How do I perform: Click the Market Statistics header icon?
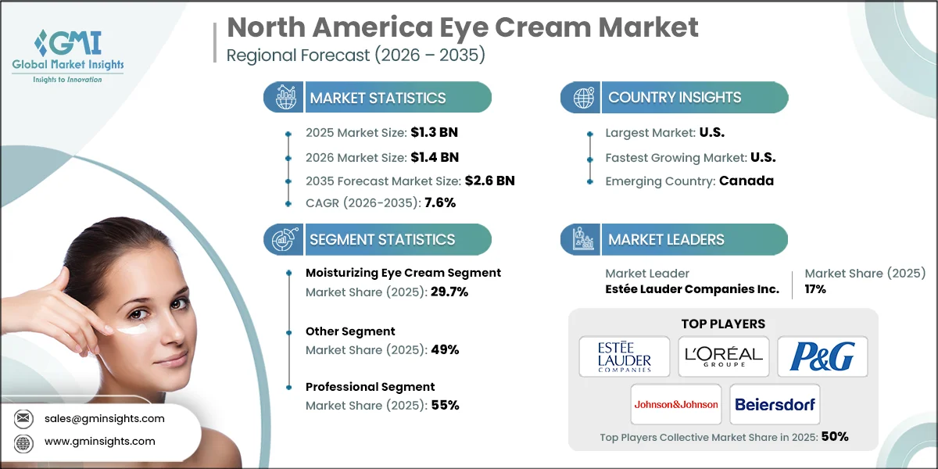[x=282, y=98]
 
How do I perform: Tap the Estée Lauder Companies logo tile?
[x=624, y=356]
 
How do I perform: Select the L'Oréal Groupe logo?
[x=723, y=356]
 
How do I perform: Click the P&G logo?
[x=822, y=356]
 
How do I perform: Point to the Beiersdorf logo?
[x=774, y=404]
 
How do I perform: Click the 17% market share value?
[x=815, y=289]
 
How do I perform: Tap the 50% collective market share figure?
[x=834, y=437]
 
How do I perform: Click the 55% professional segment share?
[x=445, y=405]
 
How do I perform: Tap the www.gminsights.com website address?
[x=99, y=441]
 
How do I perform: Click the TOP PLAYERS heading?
[x=723, y=324]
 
